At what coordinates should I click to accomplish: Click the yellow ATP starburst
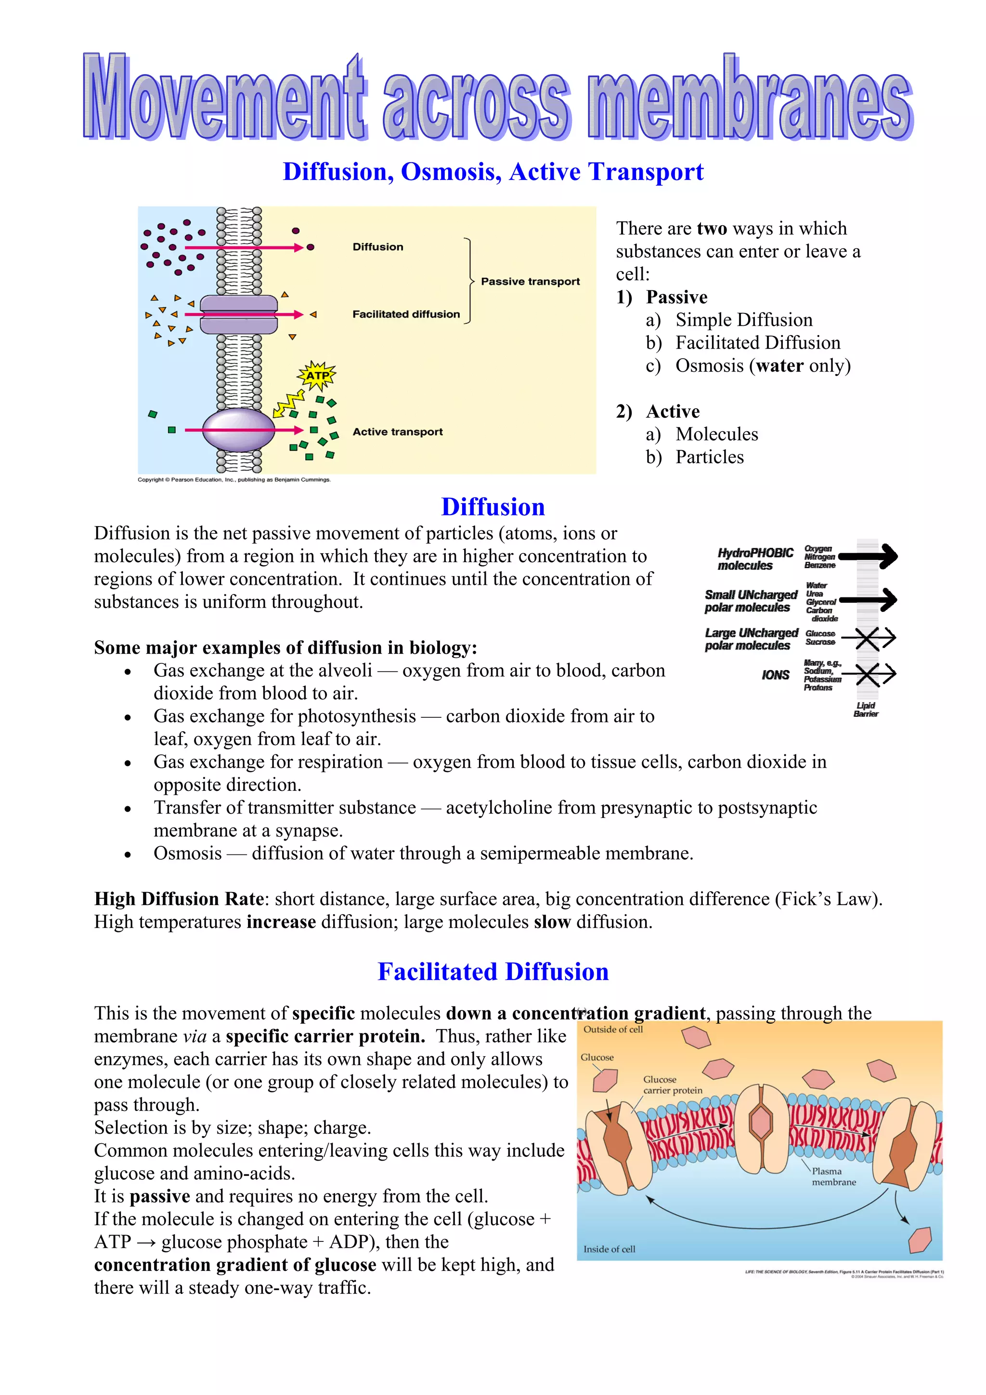tap(317, 375)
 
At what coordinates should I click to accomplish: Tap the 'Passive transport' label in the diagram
tap(530, 281)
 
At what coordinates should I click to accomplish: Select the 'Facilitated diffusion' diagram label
tap(406, 314)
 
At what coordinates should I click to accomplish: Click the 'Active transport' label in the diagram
tap(397, 431)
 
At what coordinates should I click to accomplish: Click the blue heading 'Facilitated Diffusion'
tap(493, 971)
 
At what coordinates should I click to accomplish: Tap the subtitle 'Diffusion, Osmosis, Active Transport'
tap(493, 172)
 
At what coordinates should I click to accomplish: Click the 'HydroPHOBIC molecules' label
tap(755, 559)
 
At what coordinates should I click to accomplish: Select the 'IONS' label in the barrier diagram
tap(775, 675)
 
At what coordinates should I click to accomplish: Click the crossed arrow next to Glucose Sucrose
tap(869, 638)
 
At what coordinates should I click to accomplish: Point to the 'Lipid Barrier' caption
tap(866, 710)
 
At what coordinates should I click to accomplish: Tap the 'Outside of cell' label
tap(612, 1029)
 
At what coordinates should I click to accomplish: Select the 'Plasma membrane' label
tap(833, 1176)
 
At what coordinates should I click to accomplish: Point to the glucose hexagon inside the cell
tap(921, 1239)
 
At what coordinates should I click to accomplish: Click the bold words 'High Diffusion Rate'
tap(179, 899)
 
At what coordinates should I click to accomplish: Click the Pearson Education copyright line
tap(234, 479)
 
